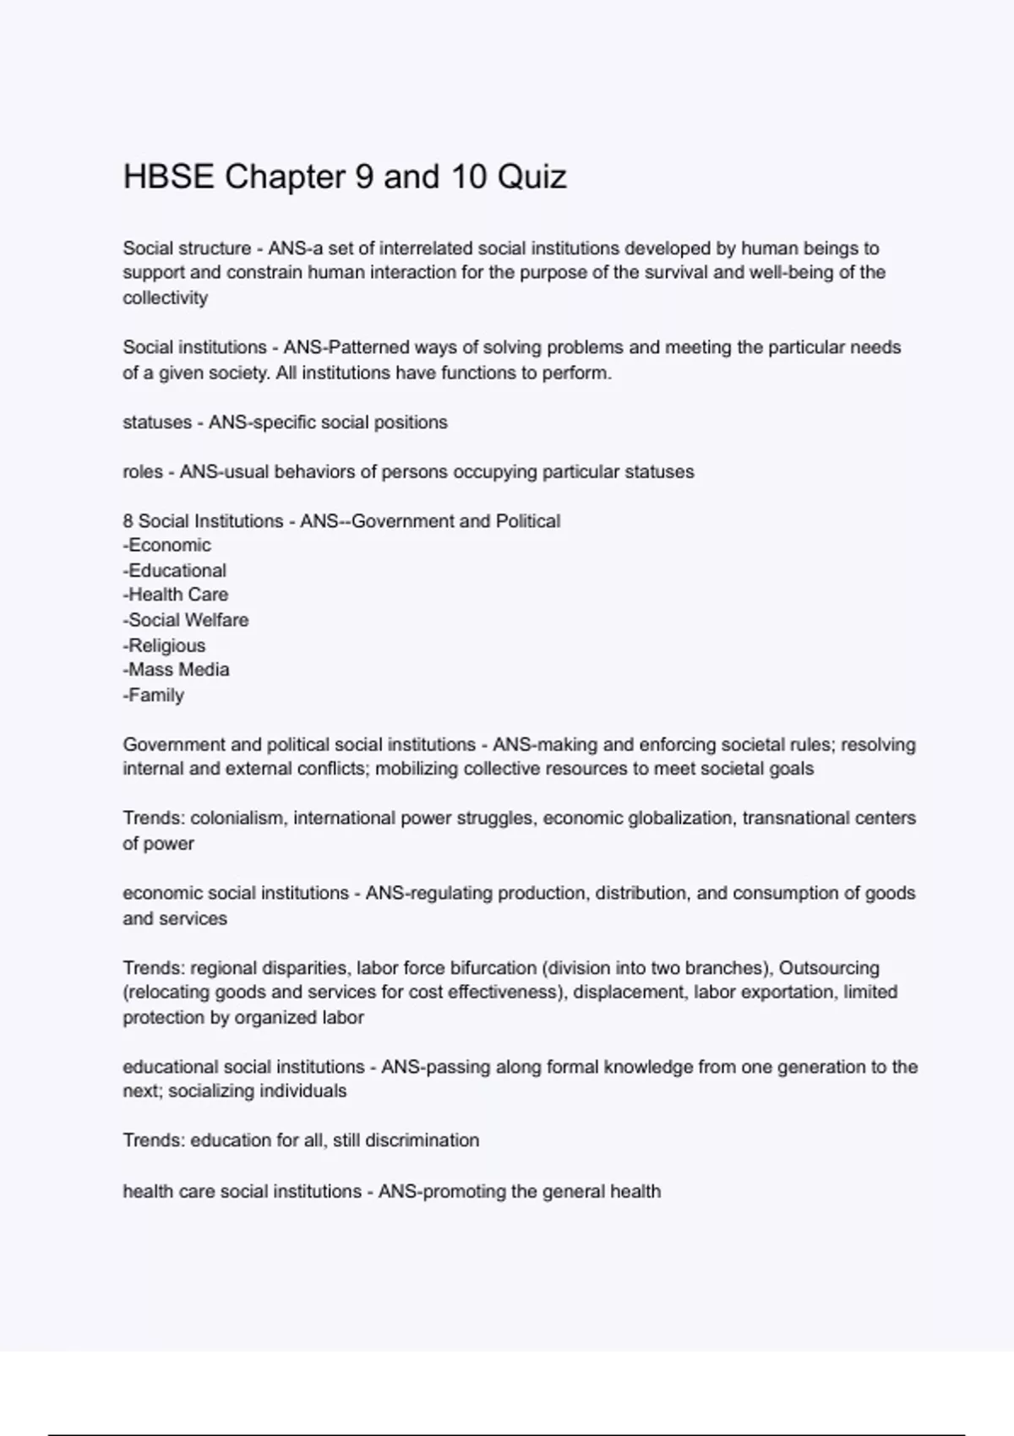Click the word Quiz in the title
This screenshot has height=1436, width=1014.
[x=532, y=177]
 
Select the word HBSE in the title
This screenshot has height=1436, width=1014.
[x=168, y=177]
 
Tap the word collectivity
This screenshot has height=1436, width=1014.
[x=165, y=298]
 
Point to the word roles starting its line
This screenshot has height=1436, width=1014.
[x=143, y=472]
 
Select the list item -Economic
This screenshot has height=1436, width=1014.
[x=166, y=546]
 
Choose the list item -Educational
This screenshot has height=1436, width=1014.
[x=174, y=571]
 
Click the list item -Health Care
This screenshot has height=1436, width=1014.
[x=175, y=595]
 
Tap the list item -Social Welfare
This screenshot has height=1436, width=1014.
[x=185, y=620]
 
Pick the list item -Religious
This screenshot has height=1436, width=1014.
[x=164, y=645]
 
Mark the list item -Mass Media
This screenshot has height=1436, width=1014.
[x=176, y=670]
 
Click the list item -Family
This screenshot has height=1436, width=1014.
[x=153, y=695]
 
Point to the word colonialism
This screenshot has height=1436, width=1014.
[x=237, y=819]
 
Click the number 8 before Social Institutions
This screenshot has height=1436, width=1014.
[x=128, y=521]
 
